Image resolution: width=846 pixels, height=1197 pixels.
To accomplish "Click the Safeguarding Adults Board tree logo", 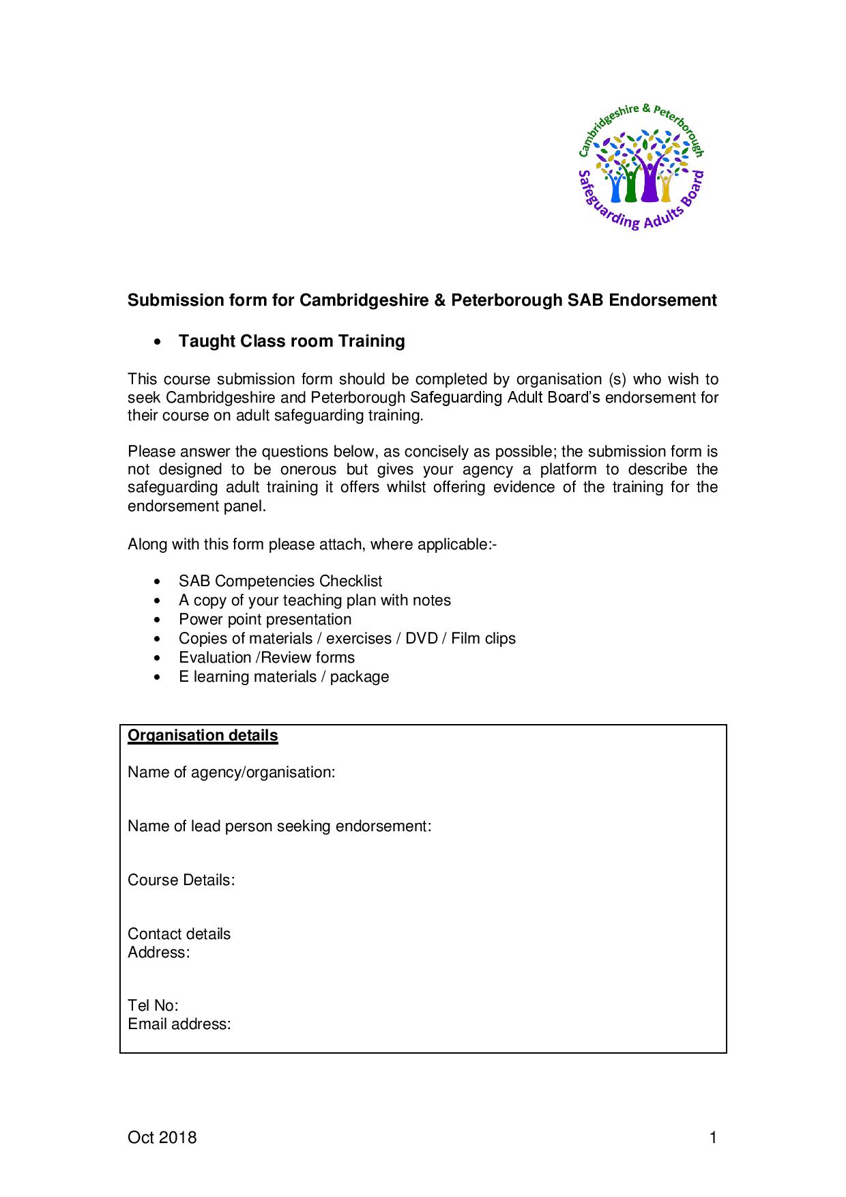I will point(641,167).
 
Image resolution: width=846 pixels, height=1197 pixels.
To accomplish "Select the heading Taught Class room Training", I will point(291,341).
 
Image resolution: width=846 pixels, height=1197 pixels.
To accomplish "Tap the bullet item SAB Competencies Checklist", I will point(280,581).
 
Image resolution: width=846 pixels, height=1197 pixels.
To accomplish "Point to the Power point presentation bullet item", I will point(265,620).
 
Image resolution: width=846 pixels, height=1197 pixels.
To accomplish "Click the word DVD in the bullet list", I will point(421,639).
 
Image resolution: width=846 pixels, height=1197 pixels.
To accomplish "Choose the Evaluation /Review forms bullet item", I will point(266,658).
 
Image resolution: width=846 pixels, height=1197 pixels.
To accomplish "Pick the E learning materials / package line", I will point(283,677).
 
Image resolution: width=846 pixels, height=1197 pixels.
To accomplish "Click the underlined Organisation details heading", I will point(203,736).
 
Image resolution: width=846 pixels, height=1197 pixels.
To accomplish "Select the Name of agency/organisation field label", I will point(231,773).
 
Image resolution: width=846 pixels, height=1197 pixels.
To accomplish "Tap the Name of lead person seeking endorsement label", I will point(279,826).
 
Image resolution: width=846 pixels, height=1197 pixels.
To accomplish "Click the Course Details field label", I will point(181,880).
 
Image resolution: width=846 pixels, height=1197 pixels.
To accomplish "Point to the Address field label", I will point(158,953).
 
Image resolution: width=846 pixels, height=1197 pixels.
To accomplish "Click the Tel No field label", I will point(153,1006).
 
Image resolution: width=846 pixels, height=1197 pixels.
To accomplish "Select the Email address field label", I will point(179,1024).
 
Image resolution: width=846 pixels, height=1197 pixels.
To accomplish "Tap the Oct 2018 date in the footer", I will point(162,1138).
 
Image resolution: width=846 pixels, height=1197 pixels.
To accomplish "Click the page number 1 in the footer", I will point(713,1138).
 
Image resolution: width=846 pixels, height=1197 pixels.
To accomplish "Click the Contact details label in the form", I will point(179,934).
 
